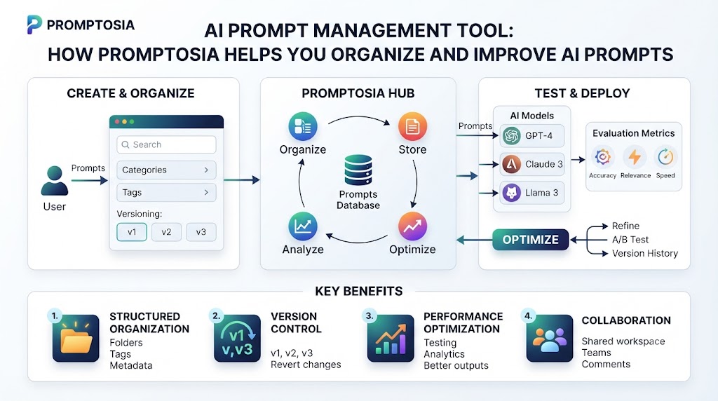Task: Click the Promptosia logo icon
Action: [34, 25]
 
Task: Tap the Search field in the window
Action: [166, 144]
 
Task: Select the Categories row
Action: [166, 170]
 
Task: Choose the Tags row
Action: [166, 193]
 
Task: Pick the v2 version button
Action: [166, 232]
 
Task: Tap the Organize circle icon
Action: [303, 126]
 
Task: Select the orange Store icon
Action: [412, 126]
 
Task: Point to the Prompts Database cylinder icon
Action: [358, 170]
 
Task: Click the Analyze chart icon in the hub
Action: [303, 226]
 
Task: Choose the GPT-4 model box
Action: [532, 136]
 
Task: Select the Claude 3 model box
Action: [532, 164]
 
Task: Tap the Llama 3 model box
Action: [532, 193]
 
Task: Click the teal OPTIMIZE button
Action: [531, 240]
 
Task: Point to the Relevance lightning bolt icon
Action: [635, 157]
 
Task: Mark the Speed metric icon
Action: [665, 157]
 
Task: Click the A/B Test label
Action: [630, 240]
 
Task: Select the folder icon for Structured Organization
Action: [76, 339]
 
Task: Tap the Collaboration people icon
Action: [550, 339]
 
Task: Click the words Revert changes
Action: [306, 365]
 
